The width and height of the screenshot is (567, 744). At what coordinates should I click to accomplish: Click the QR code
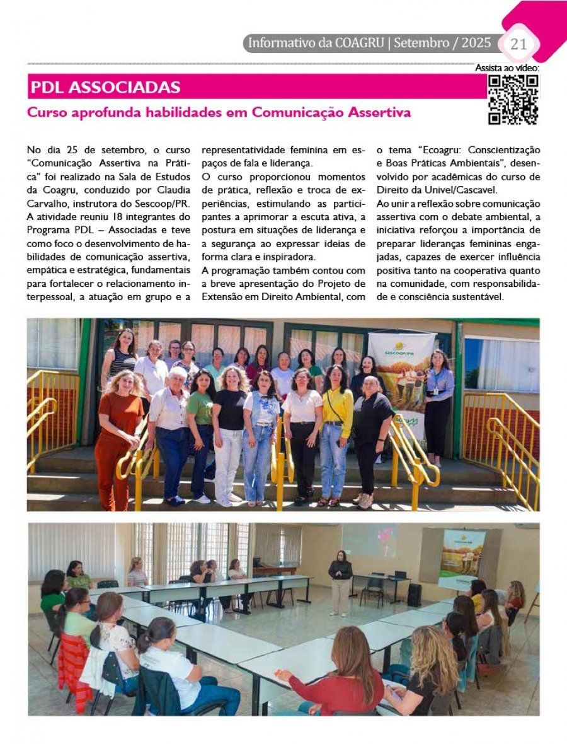513,99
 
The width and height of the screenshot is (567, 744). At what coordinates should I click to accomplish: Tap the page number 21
518,44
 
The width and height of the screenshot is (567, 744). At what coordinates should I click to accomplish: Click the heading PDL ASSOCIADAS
105,87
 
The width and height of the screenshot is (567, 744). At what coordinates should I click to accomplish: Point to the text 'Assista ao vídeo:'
507,68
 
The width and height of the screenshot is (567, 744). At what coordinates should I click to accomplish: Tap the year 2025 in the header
476,44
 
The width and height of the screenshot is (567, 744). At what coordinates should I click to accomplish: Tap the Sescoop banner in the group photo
401,372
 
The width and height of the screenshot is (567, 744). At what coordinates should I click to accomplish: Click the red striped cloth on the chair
73,668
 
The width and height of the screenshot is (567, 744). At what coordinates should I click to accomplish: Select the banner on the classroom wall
461,559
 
